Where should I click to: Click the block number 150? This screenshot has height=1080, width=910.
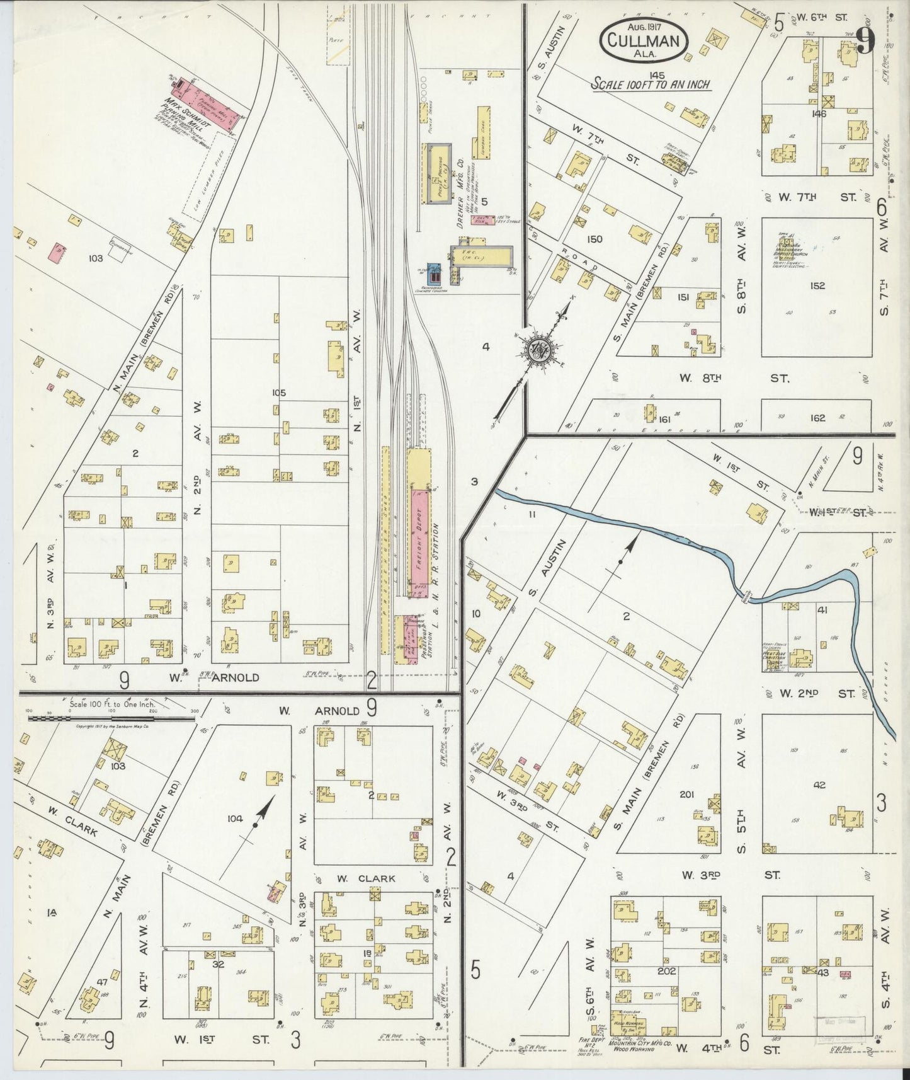click(x=594, y=239)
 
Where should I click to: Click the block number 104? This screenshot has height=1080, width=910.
click(x=234, y=819)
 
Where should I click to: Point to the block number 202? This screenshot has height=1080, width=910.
click(x=666, y=971)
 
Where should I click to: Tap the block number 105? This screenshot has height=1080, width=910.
click(x=278, y=393)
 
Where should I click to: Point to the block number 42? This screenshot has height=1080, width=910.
click(x=819, y=785)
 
